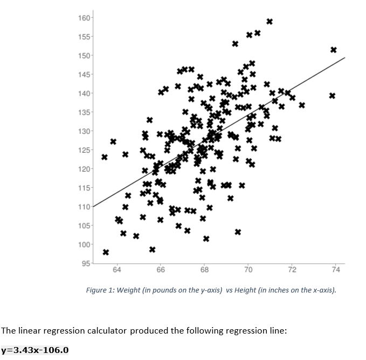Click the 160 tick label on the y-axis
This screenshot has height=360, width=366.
[85, 18]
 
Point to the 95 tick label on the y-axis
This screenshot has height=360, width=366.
[86, 263]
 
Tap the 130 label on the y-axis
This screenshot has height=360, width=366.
[85, 131]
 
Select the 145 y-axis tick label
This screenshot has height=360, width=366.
[85, 74]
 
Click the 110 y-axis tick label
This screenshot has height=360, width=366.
[85, 207]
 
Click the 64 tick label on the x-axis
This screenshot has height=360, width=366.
[117, 269]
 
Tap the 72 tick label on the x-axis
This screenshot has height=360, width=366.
[292, 269]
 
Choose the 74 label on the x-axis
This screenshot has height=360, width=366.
[336, 269]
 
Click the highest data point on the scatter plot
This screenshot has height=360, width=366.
[270, 22]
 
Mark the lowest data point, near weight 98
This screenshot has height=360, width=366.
[106, 252]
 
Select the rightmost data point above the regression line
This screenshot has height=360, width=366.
[333, 50]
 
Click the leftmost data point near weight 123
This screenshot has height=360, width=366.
[105, 158]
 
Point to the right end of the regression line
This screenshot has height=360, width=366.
[344, 58]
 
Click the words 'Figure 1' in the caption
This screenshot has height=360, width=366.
[99, 290]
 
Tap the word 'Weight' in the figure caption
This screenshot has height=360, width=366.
[129, 290]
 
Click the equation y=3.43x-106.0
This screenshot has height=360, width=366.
[35, 350]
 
